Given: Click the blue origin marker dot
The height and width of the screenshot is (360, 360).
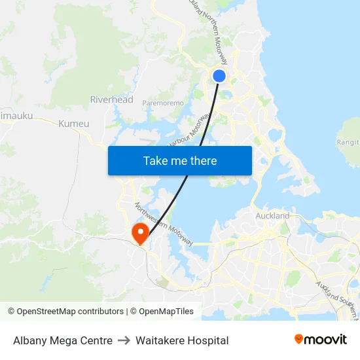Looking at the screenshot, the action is tap(219, 76).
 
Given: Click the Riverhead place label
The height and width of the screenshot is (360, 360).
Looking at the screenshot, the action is tap(111, 99).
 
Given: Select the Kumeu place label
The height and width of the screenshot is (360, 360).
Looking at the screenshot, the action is tap(73, 123).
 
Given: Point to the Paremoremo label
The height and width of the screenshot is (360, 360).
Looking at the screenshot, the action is tap(163, 103).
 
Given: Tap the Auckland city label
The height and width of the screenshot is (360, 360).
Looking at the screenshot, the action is tap(272, 215).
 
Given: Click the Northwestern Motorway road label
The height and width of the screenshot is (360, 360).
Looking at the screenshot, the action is tap(164, 225).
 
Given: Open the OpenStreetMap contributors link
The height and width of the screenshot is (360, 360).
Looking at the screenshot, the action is tap(69, 312).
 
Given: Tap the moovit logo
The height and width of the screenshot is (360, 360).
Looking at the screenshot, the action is tap(320, 339).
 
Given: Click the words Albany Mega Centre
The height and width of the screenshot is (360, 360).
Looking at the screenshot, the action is tap(63, 340).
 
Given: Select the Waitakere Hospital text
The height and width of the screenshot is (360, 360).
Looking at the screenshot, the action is tap(182, 340).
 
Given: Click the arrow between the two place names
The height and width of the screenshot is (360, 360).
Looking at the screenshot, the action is tap(124, 340).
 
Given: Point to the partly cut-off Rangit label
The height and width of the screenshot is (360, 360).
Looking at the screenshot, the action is tap(348, 142).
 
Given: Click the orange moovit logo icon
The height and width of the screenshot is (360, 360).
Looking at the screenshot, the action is tap(299, 339).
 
